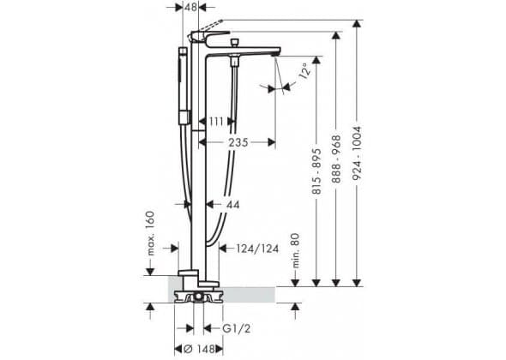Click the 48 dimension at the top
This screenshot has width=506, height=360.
190,7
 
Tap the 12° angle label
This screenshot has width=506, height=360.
305,70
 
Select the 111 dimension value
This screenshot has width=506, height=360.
216,122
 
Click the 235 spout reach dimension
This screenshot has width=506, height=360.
238,142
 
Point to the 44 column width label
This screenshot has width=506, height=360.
232,205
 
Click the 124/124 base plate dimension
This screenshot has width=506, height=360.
257,249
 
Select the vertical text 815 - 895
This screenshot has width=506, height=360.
317,171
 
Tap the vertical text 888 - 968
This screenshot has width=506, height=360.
336,159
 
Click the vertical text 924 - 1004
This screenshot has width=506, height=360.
357,153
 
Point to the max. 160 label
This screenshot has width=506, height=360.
151,233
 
